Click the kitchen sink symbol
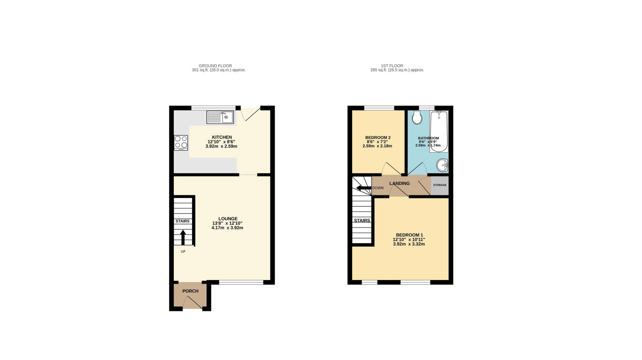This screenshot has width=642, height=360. [220, 117]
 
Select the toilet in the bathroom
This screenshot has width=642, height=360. [417, 117]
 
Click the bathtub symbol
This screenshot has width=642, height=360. [439, 132]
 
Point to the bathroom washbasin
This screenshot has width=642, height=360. [442, 165]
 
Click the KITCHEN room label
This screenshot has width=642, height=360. [222, 137]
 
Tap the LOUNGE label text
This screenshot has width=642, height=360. [228, 219]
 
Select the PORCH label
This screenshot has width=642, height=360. [190, 291]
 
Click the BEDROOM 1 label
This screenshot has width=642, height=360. [409, 235]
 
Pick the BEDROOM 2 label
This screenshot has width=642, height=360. [378, 138]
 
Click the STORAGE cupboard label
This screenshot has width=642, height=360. [440, 185]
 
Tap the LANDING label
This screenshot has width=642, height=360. [399, 183]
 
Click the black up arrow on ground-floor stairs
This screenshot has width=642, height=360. [183, 237]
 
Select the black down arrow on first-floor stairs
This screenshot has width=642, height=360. [363, 188]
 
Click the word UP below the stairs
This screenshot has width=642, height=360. [183, 252]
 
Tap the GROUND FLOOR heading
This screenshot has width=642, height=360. [215, 66]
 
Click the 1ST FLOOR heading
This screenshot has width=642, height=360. [392, 66]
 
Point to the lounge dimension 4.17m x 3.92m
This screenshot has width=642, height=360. [227, 228]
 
